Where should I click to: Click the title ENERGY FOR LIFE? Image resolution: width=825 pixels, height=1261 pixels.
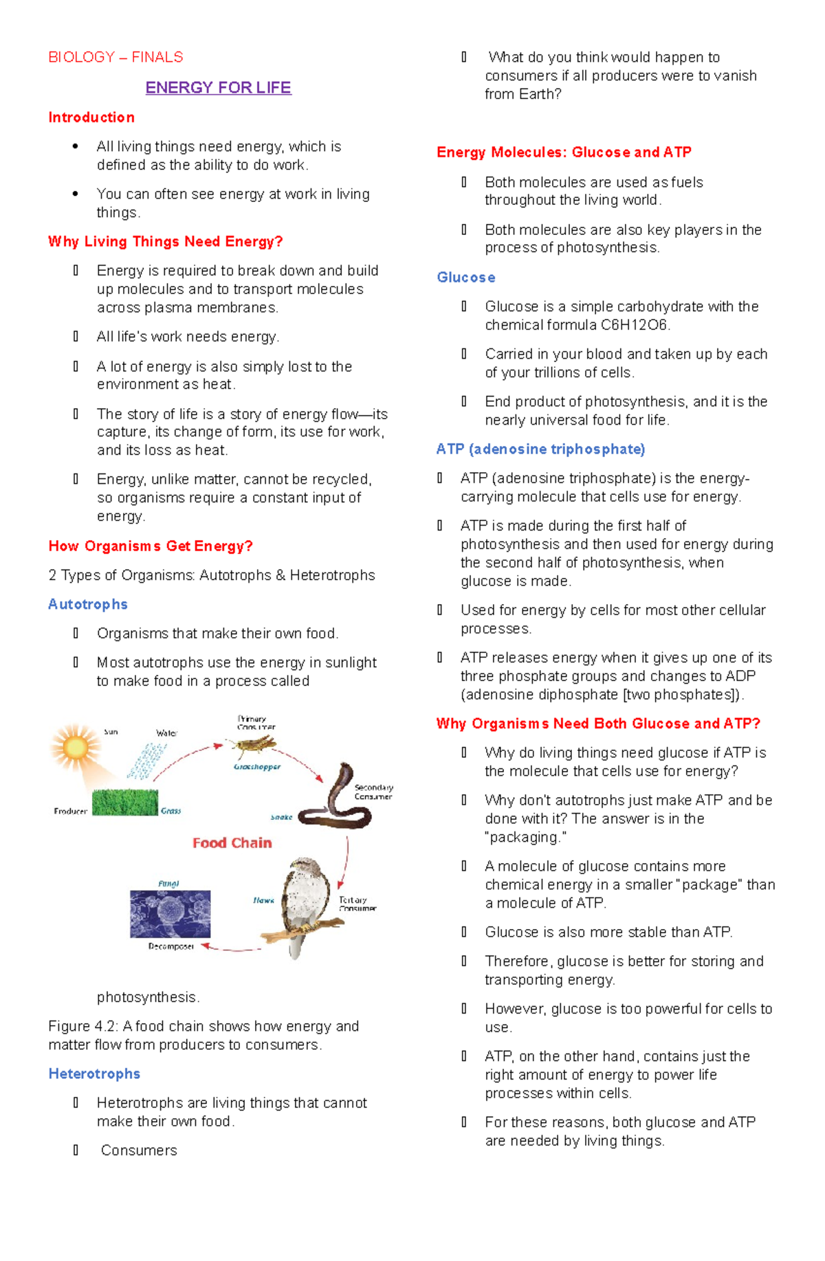tap(218, 88)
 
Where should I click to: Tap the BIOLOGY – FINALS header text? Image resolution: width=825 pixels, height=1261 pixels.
tap(115, 57)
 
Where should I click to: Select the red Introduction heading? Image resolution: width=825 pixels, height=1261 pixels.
tap(91, 118)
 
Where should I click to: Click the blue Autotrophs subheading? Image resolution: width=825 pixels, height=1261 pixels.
tap(88, 604)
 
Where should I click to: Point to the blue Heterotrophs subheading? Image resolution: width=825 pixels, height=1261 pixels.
tap(94, 1073)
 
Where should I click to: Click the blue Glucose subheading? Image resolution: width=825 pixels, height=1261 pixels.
tap(466, 278)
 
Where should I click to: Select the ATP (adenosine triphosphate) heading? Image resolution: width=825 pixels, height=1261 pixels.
tap(540, 449)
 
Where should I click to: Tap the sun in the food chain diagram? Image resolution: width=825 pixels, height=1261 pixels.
tap(74, 747)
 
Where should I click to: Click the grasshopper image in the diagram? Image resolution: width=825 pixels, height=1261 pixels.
tap(254, 746)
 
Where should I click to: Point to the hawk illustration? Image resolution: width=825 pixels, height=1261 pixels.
tap(302, 904)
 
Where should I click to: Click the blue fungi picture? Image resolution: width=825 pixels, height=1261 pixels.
tap(170, 914)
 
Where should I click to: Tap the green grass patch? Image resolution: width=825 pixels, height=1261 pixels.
tap(124, 801)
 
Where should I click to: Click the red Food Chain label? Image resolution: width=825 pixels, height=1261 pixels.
tap(232, 843)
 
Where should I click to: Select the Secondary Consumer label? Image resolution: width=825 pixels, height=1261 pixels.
tap(373, 792)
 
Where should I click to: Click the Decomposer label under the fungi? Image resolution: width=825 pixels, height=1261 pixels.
tap(170, 946)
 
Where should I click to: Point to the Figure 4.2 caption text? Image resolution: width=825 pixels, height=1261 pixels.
tap(203, 1035)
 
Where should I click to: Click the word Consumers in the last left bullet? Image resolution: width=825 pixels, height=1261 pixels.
tap(139, 1150)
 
